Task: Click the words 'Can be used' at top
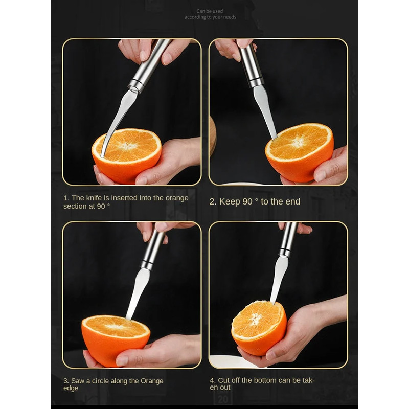point(210,11)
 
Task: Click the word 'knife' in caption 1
point(95,198)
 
